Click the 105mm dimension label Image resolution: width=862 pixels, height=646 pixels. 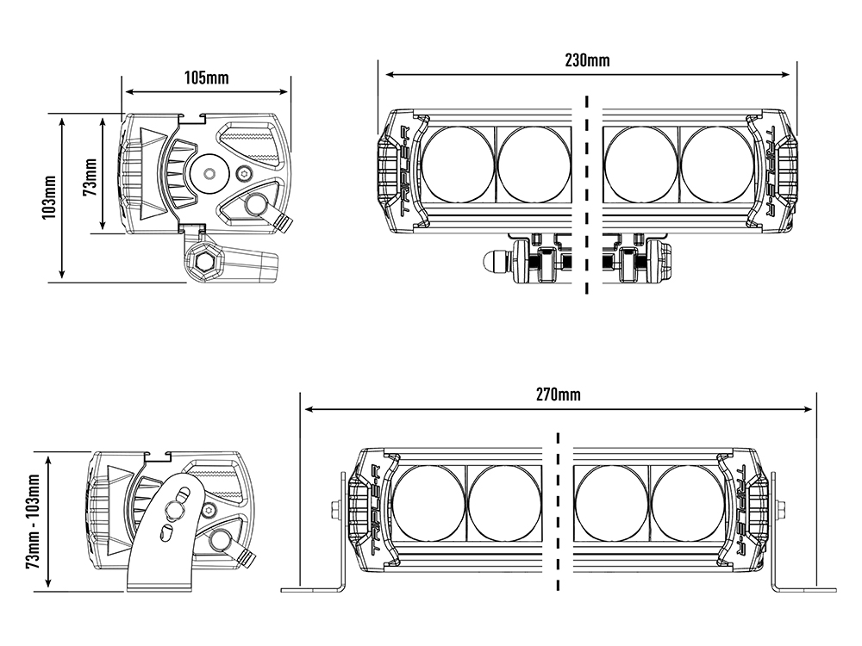pyautogui.click(x=206, y=78)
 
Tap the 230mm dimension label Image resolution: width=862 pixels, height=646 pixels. pyautogui.click(x=587, y=60)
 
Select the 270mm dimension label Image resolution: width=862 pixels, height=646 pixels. pyautogui.click(x=558, y=395)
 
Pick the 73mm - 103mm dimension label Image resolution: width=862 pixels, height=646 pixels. pyautogui.click(x=34, y=522)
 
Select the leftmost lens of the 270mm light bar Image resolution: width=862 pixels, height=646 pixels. pyautogui.click(x=428, y=503)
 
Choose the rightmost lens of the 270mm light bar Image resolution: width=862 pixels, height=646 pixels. pyautogui.click(x=687, y=503)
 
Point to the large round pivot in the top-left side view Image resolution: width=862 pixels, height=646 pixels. pyautogui.click(x=209, y=171)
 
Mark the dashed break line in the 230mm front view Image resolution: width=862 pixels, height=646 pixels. pyautogui.click(x=586, y=194)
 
